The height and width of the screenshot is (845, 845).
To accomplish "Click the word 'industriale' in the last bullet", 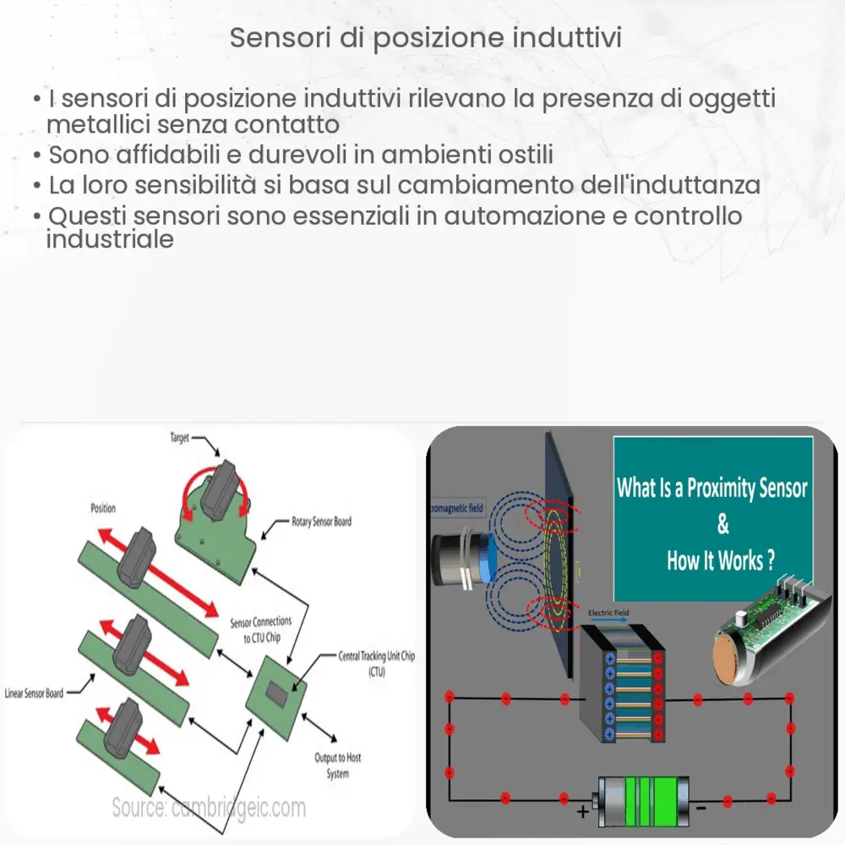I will [x=110, y=239].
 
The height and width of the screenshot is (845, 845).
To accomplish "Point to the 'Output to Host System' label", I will [x=337, y=766].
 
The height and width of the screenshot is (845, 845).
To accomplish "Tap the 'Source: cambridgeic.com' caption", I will [x=209, y=807].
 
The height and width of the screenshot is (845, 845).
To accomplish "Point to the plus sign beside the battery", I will [x=582, y=813].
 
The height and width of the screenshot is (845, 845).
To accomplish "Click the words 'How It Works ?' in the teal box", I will [x=721, y=561].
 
